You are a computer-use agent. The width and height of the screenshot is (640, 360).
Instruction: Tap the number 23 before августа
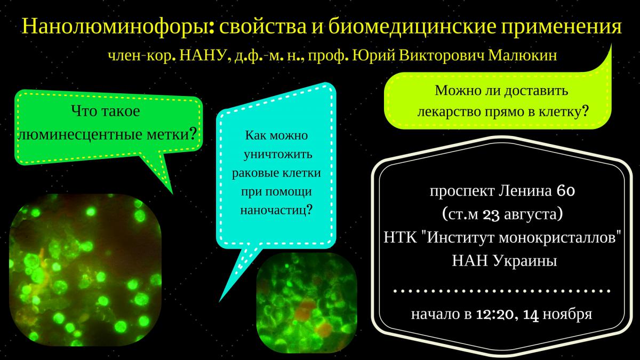pyautogui.click(x=491, y=215)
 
